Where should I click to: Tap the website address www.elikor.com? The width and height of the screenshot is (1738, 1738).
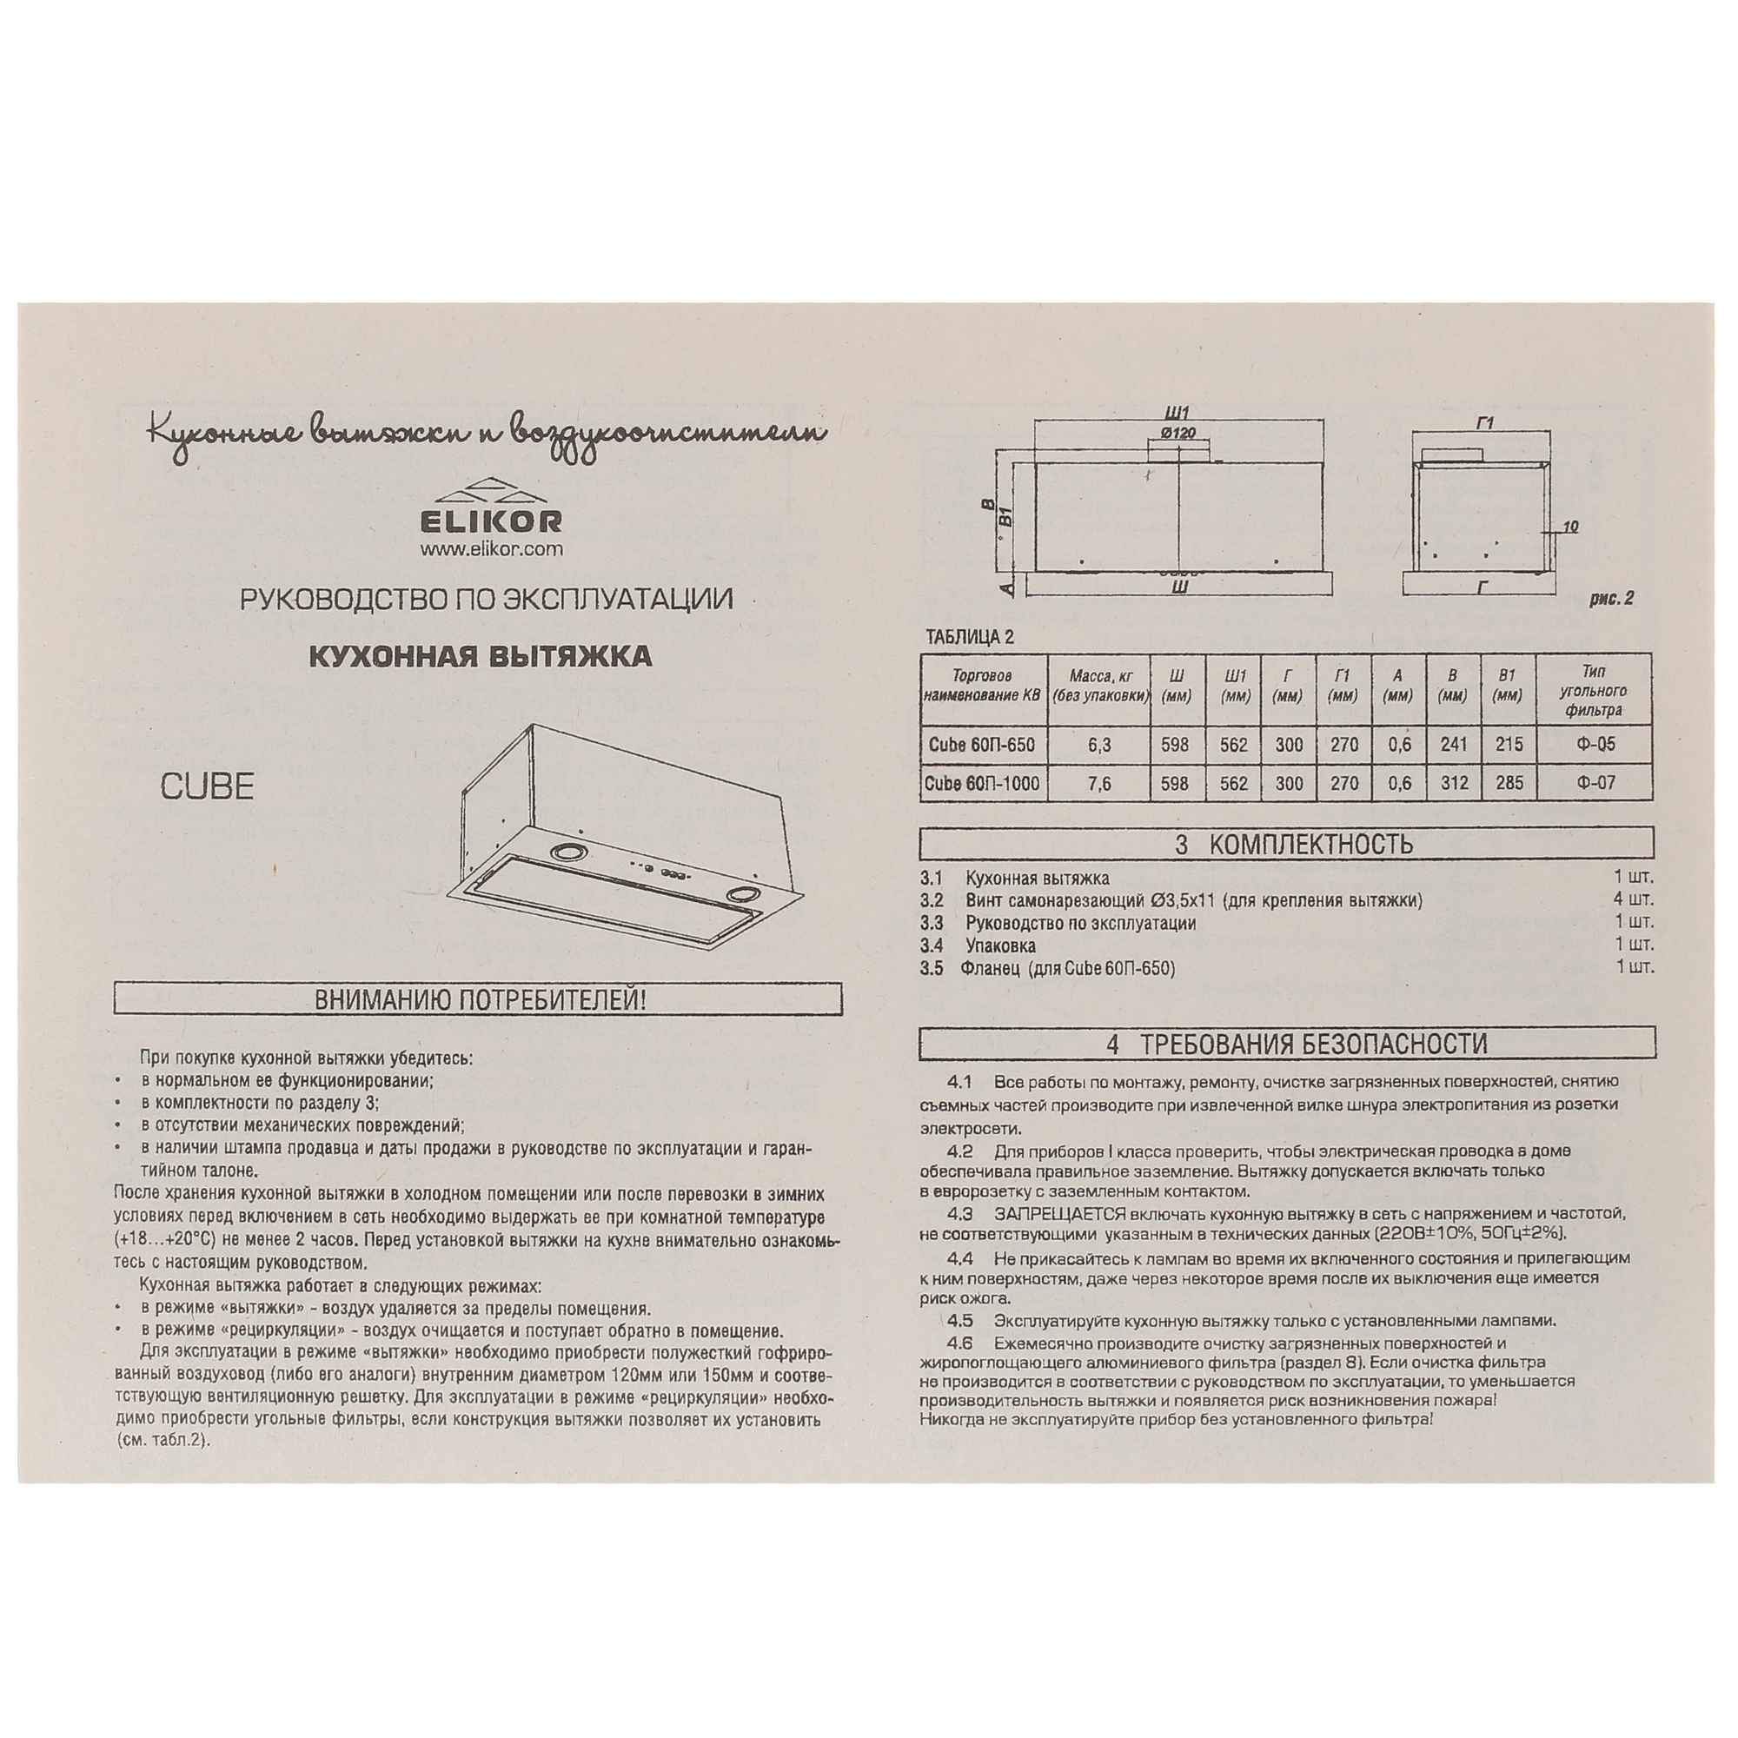(490, 548)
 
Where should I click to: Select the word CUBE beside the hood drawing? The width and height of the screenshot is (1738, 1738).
(207, 787)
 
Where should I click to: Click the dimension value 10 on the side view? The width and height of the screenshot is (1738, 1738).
(1569, 527)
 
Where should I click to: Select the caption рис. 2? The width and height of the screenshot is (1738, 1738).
(1610, 599)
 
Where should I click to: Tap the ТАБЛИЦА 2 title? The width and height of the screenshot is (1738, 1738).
(970, 638)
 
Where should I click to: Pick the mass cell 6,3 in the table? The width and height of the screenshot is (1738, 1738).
(1099, 745)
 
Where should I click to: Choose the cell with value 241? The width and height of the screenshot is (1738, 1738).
(1454, 745)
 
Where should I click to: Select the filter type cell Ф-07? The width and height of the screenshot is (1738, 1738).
(1595, 784)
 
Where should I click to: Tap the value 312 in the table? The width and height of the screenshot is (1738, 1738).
(1454, 784)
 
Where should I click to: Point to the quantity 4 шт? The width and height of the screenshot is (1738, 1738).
(1634, 899)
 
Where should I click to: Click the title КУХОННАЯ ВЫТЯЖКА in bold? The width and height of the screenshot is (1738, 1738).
(481, 657)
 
